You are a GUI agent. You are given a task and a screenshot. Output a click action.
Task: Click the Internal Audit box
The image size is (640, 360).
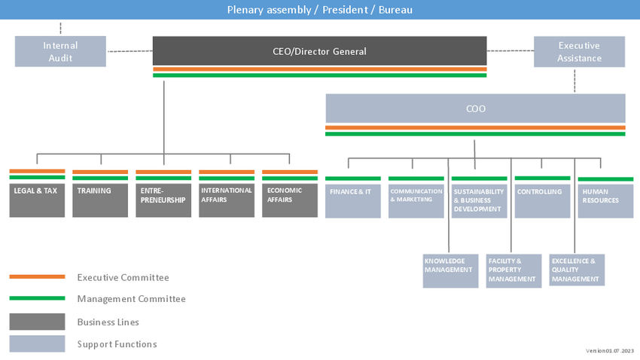(x=60, y=51)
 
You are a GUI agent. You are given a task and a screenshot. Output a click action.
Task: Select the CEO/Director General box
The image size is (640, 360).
(x=319, y=51)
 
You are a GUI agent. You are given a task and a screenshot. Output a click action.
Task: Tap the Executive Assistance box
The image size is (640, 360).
(x=579, y=51)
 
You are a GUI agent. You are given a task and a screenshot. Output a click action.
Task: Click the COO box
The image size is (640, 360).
(x=476, y=108)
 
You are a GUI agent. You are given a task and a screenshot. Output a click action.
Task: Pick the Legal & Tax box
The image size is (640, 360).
(x=37, y=200)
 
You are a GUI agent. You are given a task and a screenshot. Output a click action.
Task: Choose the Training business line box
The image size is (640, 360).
(x=100, y=200)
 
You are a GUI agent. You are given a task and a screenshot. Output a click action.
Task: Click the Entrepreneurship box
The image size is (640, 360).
(x=163, y=200)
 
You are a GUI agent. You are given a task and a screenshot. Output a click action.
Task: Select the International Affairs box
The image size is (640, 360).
(x=227, y=200)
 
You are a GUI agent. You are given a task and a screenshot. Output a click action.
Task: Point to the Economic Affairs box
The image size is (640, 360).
(x=290, y=200)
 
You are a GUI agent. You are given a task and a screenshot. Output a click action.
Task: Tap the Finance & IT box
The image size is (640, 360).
(x=353, y=201)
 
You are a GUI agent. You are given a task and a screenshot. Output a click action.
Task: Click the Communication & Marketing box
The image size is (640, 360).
(x=416, y=201)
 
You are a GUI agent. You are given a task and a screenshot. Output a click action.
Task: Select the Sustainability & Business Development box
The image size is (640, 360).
(x=479, y=201)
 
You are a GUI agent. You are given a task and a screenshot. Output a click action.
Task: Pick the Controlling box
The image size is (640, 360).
(x=542, y=201)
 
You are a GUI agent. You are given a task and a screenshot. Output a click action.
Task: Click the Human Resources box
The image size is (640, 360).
(x=605, y=201)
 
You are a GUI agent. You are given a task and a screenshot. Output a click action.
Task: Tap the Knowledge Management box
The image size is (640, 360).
(x=450, y=271)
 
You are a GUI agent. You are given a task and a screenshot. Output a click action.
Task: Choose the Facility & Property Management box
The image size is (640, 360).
(x=514, y=271)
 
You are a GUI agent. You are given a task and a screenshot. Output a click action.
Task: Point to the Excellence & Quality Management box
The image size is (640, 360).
(x=578, y=270)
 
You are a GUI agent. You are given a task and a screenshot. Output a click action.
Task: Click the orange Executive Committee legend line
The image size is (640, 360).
(x=37, y=276)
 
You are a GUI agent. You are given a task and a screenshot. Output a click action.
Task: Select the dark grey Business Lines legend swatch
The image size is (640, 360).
(x=37, y=322)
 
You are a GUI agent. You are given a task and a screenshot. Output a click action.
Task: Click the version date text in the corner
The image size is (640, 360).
(x=610, y=351)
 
